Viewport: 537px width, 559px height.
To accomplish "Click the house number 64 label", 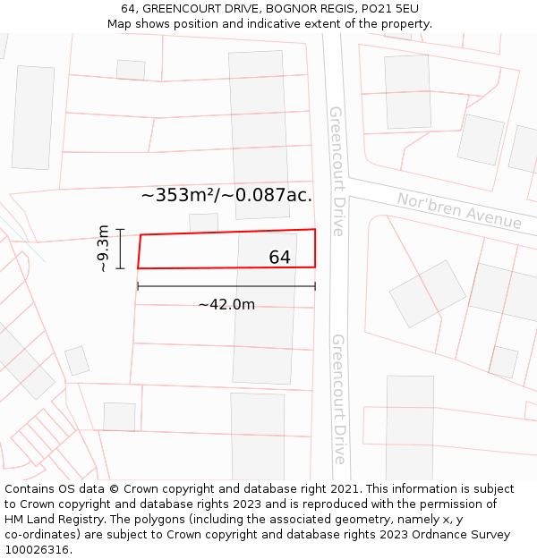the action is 279,258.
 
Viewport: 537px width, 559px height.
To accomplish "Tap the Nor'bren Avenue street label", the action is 459,211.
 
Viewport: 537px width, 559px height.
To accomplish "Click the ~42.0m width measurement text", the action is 226,305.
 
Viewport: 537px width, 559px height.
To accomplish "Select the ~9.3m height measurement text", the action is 103,248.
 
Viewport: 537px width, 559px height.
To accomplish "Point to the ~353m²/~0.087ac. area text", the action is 226,195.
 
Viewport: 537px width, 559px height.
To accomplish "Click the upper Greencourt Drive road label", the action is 337,171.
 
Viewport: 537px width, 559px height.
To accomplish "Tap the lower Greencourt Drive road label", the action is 338,399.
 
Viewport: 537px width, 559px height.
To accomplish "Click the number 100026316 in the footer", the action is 37,550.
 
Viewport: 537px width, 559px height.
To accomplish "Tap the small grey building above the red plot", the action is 203,223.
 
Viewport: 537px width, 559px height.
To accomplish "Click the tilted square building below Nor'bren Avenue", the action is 428,292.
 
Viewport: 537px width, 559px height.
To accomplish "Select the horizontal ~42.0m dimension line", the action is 226,287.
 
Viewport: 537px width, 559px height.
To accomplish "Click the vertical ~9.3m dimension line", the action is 119,249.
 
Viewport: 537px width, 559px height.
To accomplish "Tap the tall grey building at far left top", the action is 33,116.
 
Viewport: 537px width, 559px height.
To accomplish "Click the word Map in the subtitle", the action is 121,24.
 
